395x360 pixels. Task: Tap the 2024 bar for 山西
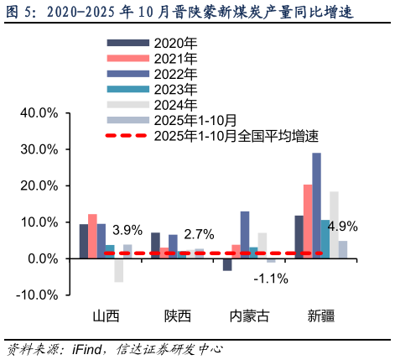[x=119, y=270]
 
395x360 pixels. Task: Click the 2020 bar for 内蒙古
[x=227, y=264]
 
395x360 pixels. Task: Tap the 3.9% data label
[x=127, y=230]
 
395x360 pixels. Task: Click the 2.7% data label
[x=199, y=233]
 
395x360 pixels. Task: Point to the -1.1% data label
[x=271, y=279]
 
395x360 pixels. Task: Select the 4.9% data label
[x=343, y=226]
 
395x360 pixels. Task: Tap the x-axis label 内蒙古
[x=250, y=316]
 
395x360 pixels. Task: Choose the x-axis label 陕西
[x=178, y=316]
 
